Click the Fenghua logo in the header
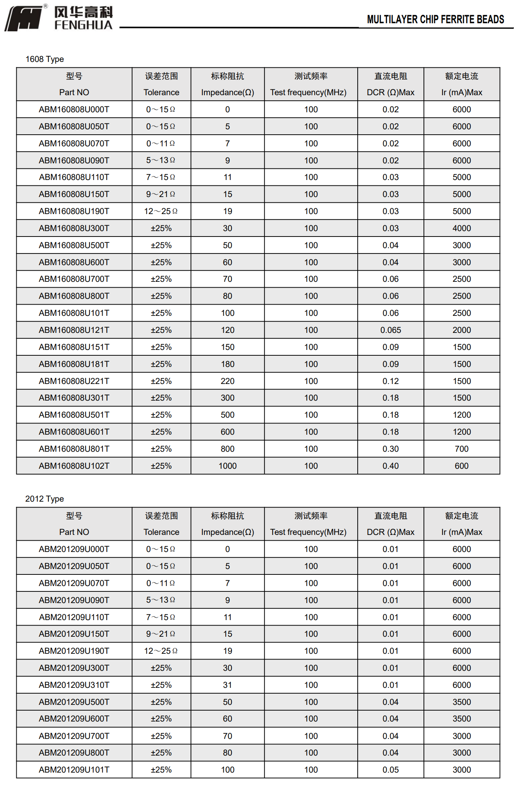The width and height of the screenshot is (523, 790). (59, 18)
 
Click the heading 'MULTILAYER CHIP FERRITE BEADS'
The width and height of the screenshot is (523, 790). (435, 19)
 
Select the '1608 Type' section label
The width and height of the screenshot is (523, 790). (45, 59)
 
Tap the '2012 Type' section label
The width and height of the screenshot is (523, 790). (45, 499)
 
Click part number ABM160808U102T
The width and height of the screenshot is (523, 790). (74, 466)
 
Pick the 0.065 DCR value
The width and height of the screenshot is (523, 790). (391, 330)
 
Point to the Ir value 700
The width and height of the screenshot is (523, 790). (461, 449)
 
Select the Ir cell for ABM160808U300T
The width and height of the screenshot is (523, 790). (461, 228)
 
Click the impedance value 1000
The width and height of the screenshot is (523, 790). (228, 466)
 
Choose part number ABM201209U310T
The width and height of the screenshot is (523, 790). (74, 685)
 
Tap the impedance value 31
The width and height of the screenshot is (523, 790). (228, 685)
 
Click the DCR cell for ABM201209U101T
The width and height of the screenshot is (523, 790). (391, 770)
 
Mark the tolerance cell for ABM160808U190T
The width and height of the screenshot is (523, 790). (161, 211)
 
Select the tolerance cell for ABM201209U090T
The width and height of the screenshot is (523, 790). (161, 600)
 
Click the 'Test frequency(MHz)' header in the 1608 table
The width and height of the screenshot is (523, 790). (308, 93)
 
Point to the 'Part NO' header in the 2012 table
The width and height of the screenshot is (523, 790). (74, 532)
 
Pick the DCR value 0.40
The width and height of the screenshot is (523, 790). (391, 466)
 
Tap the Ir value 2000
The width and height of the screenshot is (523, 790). (461, 330)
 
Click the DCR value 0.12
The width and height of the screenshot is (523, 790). (391, 381)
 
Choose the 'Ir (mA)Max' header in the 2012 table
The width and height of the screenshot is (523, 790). (461, 532)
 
